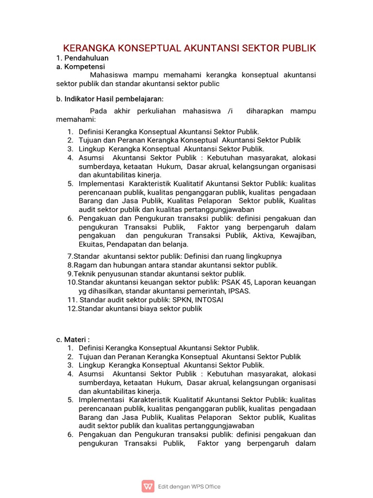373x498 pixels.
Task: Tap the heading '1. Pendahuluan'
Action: click(x=81, y=58)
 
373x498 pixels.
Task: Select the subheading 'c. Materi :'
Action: click(x=73, y=339)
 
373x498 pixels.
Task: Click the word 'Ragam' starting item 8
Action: click(x=84, y=265)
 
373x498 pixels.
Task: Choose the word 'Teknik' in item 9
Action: click(x=84, y=273)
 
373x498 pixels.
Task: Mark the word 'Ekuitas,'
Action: click(x=91, y=244)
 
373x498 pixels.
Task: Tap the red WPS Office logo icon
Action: click(x=148, y=486)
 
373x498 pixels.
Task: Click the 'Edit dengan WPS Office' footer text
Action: click(x=189, y=486)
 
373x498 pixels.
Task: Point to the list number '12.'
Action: click(x=72, y=308)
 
